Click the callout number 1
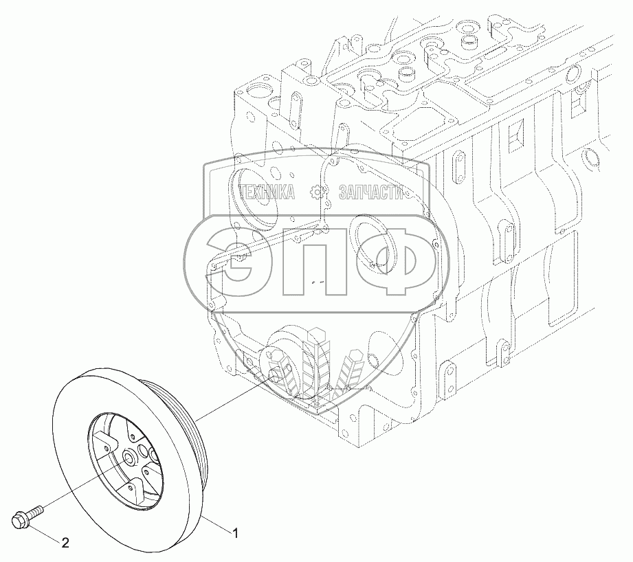click(235, 533)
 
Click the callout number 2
click(65, 543)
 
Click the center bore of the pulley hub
click(130, 458)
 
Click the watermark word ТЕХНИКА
click(267, 193)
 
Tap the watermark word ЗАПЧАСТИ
click(370, 193)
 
